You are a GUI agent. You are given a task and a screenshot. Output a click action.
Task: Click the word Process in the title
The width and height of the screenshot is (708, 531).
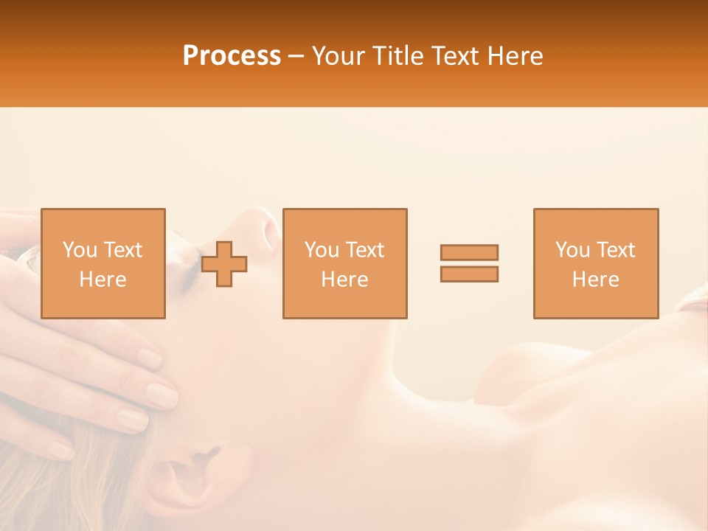point(232,56)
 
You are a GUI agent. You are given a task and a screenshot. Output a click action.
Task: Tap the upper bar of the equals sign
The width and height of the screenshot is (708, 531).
point(469,252)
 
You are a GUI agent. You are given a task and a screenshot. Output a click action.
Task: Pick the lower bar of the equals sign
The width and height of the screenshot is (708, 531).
point(469,274)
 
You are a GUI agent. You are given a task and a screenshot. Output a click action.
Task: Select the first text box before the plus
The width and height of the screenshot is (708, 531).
point(103,263)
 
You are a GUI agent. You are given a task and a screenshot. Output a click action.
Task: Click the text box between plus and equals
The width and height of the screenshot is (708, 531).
point(344,263)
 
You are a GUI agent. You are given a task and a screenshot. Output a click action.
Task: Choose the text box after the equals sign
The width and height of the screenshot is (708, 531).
point(595,263)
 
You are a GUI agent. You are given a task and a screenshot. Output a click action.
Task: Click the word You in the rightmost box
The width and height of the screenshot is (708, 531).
point(573,250)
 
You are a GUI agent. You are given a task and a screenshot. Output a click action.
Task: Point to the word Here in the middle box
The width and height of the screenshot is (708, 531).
point(344,280)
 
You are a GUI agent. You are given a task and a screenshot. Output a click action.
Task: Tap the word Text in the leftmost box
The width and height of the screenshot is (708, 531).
point(123,250)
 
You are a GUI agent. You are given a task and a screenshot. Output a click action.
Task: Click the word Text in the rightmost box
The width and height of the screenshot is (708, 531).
point(616,250)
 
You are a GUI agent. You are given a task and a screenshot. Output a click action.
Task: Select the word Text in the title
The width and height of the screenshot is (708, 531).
point(454,56)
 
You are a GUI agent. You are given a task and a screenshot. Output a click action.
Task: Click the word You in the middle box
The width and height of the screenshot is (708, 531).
point(322,250)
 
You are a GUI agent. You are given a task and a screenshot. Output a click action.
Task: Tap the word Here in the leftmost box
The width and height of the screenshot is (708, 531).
point(103,280)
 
